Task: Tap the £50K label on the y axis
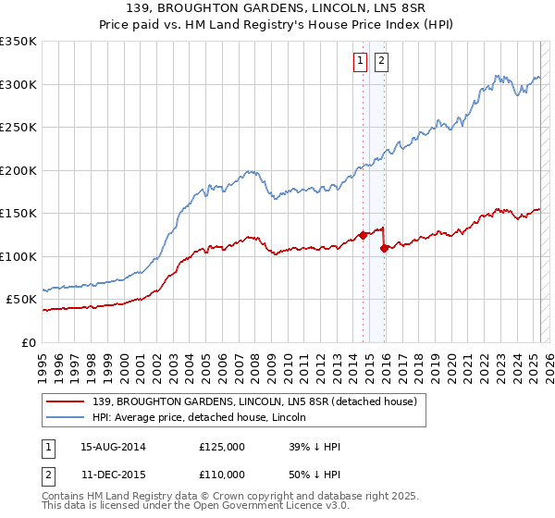tap(20, 300)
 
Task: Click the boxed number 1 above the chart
tap(359, 61)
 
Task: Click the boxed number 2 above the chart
tap(381, 61)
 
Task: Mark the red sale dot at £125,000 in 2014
tap(363, 235)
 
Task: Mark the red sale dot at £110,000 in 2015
tap(385, 248)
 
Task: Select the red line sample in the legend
tap(65, 401)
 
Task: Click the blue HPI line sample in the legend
tap(65, 417)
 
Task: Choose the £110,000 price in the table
tap(222, 474)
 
